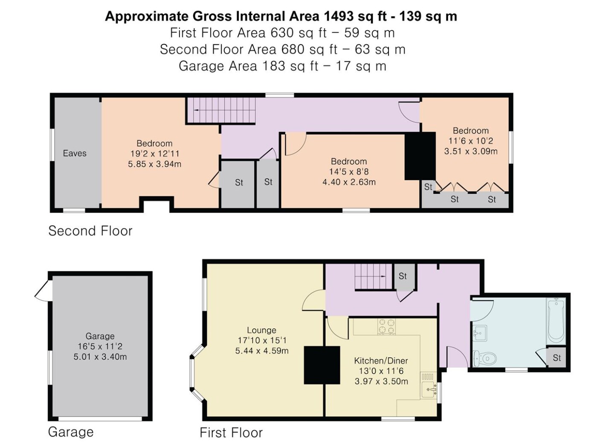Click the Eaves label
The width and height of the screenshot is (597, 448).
pyautogui.click(x=75, y=153)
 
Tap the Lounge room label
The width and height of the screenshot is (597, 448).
pyautogui.click(x=261, y=330)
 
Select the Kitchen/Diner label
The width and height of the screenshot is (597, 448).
pyautogui.click(x=381, y=361)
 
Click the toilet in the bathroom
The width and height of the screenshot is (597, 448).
pyautogui.click(x=485, y=358)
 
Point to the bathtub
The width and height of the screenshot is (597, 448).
pyautogui.click(x=556, y=321)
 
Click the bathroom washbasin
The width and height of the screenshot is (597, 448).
pyautogui.click(x=480, y=333)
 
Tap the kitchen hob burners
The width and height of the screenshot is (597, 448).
pyautogui.click(x=386, y=326)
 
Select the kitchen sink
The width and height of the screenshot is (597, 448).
pyautogui.click(x=429, y=390)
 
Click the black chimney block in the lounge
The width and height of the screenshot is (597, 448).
pyautogui.click(x=322, y=365)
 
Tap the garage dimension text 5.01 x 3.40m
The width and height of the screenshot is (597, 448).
pyautogui.click(x=100, y=357)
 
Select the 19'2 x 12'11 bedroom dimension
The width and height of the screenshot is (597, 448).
pyautogui.click(x=155, y=154)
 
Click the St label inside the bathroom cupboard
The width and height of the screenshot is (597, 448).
pyautogui.click(x=557, y=358)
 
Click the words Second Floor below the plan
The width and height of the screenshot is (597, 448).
pyautogui.click(x=90, y=231)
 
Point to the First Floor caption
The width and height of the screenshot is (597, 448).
pyautogui.click(x=231, y=433)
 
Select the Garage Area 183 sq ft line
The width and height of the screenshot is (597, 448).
pyautogui.click(x=282, y=66)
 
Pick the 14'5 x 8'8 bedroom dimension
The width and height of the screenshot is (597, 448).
pyautogui.click(x=349, y=172)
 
